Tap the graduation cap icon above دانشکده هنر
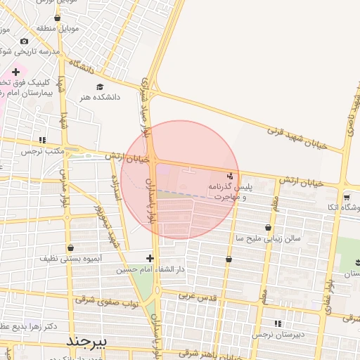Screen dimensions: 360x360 click(x=99, y=86)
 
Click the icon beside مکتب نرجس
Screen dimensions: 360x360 click(x=43, y=140)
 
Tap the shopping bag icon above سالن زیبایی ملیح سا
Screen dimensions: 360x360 click(x=268, y=227)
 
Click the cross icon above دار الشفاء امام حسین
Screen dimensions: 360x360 click(x=150, y=258)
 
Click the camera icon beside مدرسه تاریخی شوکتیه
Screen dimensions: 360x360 click(x=25, y=41)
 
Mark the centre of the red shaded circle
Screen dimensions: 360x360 click(x=180, y=180)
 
